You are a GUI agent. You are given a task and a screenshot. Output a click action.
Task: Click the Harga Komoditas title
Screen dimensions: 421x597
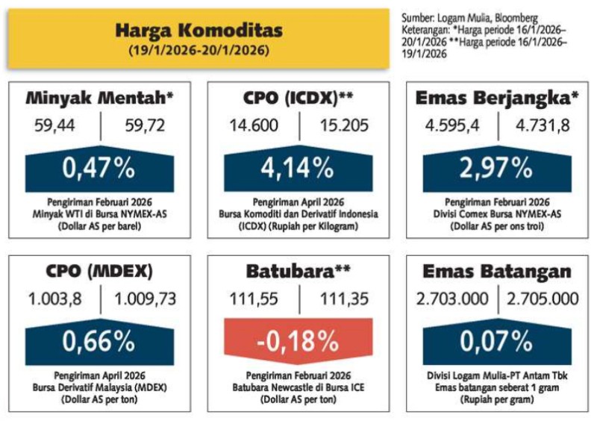[199, 31]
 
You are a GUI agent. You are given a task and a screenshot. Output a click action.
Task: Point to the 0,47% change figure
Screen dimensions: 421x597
[99, 169]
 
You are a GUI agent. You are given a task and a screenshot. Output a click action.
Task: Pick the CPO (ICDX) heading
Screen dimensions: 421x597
[298, 98]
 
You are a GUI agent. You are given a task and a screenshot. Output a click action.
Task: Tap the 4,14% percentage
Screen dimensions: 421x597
[297, 169]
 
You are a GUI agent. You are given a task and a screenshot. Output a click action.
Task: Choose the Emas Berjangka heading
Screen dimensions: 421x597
[496, 98]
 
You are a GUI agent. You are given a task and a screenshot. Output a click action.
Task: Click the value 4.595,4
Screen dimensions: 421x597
[454, 125]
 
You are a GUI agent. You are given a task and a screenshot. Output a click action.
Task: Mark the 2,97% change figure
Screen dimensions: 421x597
[496, 169]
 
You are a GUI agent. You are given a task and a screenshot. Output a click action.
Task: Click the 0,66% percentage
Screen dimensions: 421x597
[99, 342]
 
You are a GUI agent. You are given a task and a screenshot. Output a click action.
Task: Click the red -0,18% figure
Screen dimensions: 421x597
[297, 342]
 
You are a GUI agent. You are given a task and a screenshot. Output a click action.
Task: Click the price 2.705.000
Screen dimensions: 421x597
[543, 299]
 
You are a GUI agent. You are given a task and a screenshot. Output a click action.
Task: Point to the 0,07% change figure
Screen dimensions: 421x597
[496, 342]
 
